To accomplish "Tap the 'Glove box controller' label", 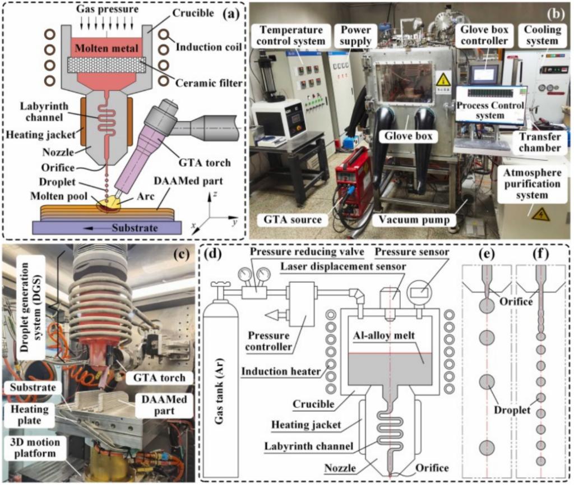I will tap(483, 34).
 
